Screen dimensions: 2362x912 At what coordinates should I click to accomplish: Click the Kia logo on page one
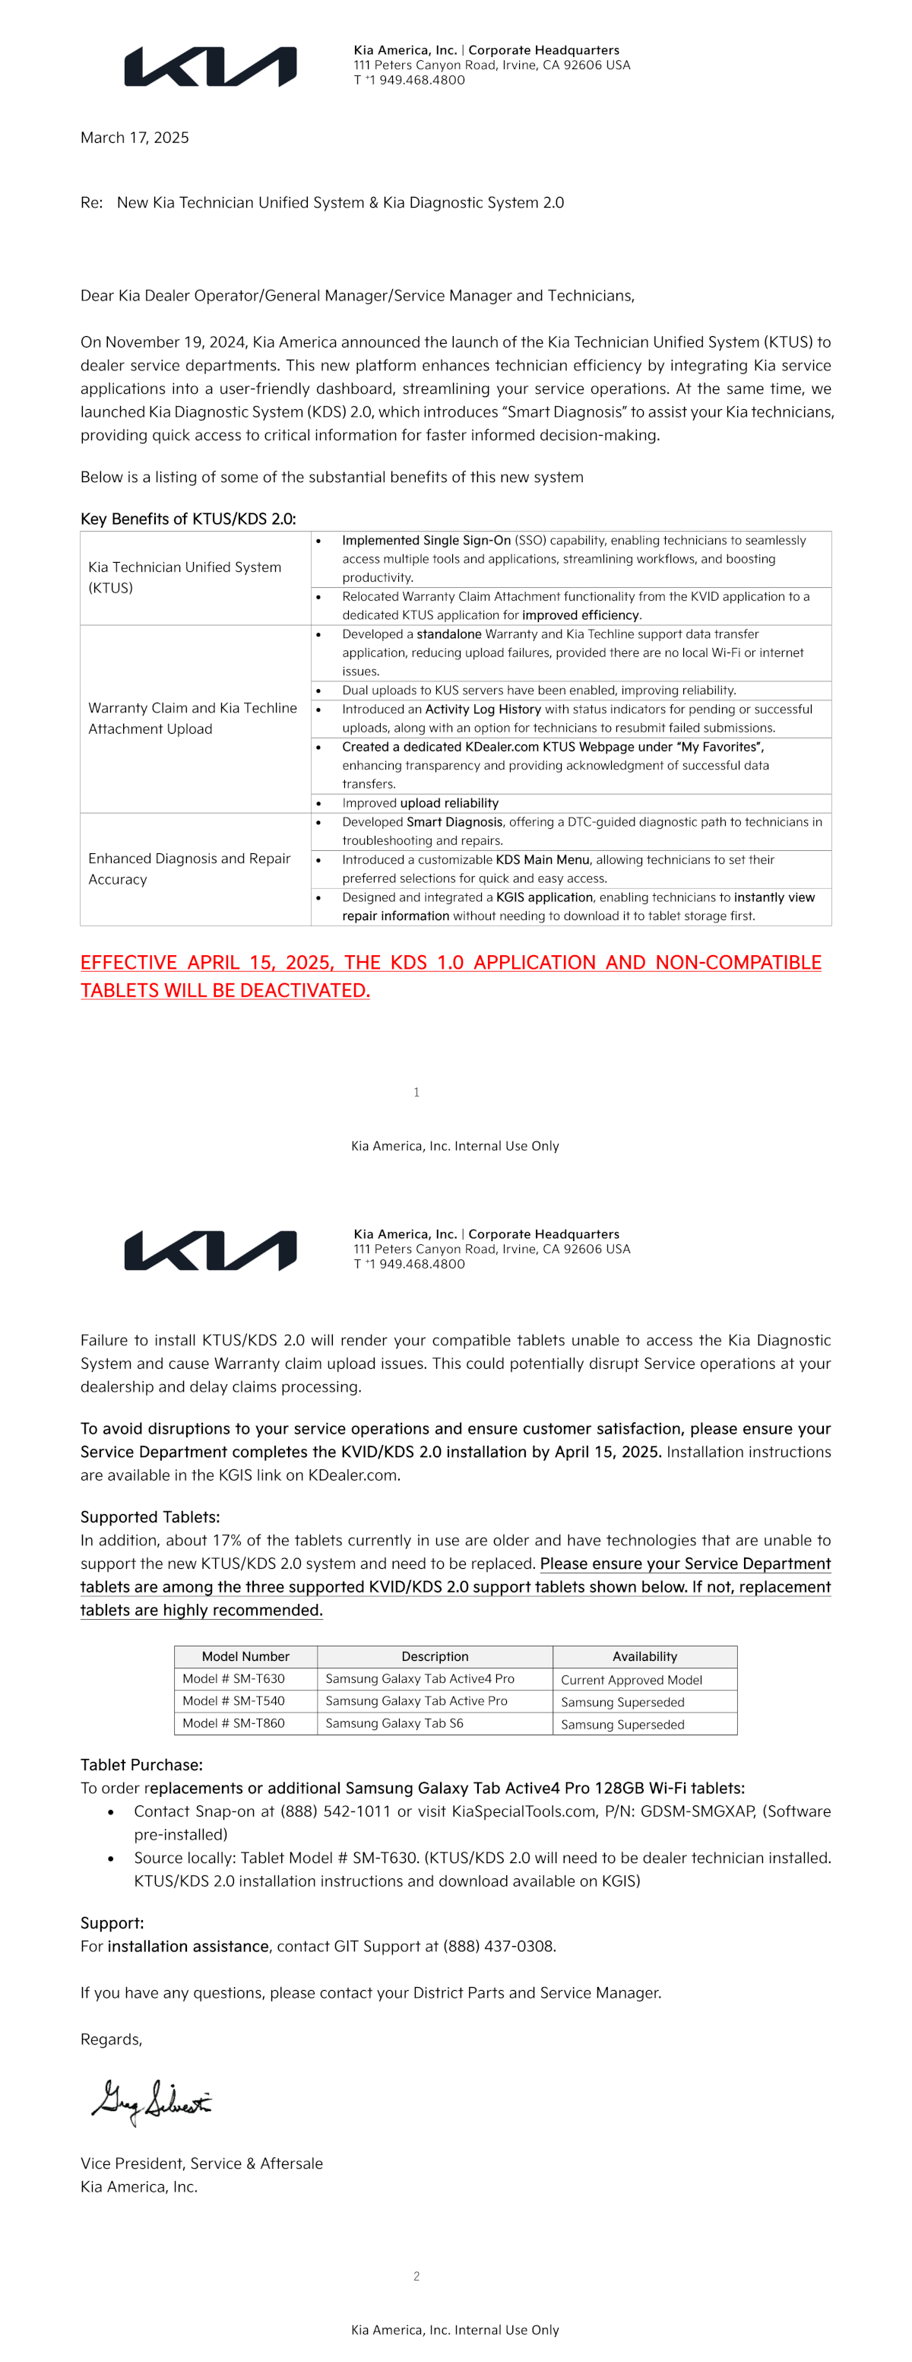click(210, 67)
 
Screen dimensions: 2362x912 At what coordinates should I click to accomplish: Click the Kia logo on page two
click(210, 1251)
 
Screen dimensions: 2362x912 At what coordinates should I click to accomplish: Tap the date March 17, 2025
click(135, 138)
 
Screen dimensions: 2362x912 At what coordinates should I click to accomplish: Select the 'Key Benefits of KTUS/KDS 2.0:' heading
click(188, 519)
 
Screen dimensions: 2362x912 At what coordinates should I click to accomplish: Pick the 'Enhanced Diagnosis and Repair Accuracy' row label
click(188, 868)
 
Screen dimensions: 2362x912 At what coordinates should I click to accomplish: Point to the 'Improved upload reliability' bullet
click(420, 803)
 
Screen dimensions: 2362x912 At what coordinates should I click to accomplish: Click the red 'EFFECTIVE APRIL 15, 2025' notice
click(450, 976)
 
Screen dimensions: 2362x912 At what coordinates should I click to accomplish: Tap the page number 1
click(416, 1092)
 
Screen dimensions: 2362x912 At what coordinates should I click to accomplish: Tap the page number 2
click(416, 2276)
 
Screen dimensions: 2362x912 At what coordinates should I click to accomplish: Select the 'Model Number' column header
click(245, 1656)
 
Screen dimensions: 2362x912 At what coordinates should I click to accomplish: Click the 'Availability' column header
click(644, 1656)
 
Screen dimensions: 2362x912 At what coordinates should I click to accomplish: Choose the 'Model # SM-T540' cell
click(234, 1701)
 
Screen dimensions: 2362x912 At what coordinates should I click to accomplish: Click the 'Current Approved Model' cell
click(632, 1680)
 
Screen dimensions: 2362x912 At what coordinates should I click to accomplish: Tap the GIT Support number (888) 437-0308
click(499, 1946)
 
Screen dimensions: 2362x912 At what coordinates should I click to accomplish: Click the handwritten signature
click(152, 2100)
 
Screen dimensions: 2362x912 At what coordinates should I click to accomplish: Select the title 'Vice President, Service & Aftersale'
click(201, 2163)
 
